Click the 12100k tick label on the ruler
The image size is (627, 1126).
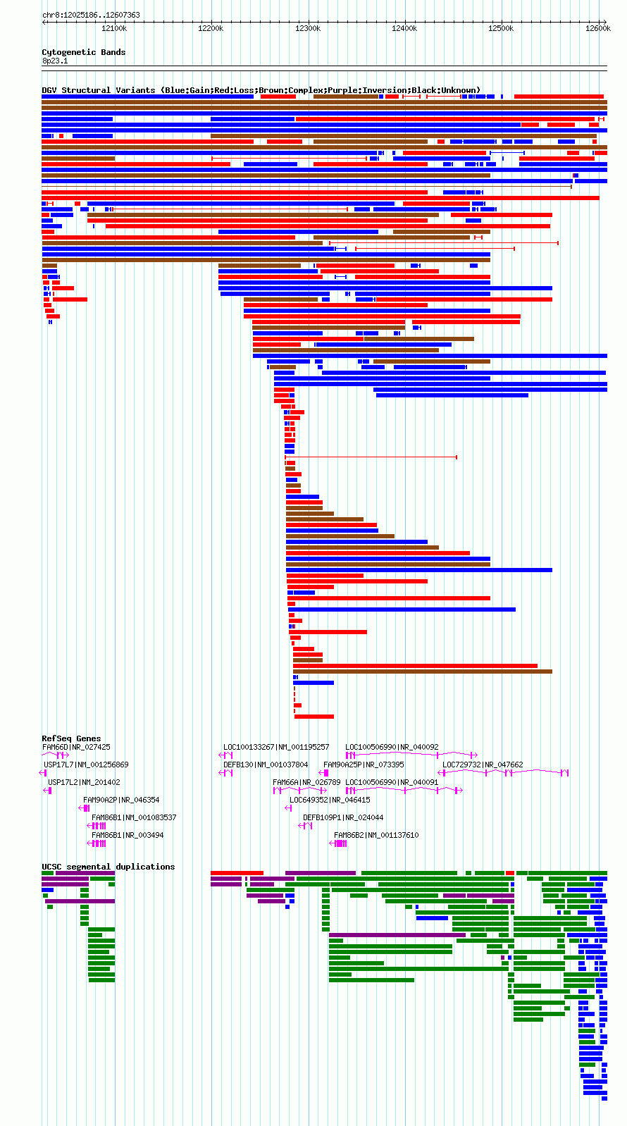[x=114, y=29]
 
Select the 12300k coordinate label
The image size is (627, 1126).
[x=308, y=29]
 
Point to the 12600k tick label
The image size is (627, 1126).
[x=598, y=29]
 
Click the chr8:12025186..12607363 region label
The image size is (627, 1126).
[x=91, y=15]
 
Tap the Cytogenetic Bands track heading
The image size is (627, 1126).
[x=83, y=52]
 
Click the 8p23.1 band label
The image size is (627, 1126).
[x=55, y=61]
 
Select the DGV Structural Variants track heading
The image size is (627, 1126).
[x=261, y=90]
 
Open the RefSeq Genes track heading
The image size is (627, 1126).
[x=71, y=738]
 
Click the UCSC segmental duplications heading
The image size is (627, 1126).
[x=108, y=867]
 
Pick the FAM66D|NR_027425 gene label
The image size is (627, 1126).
[x=76, y=747]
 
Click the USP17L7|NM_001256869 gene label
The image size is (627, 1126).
[x=86, y=765]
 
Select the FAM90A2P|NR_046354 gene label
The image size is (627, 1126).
[x=121, y=800]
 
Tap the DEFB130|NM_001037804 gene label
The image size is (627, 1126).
[x=266, y=765]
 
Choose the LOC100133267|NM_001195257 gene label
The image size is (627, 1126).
[x=276, y=747]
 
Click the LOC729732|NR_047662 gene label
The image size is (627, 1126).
[x=483, y=765]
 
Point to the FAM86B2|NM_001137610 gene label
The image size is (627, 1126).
[x=376, y=835]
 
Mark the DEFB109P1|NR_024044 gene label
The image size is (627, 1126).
[x=343, y=817]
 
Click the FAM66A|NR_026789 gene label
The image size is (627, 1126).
[x=306, y=782]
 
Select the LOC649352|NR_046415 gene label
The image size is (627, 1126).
[x=330, y=800]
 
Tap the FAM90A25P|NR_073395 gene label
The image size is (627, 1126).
[x=364, y=765]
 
